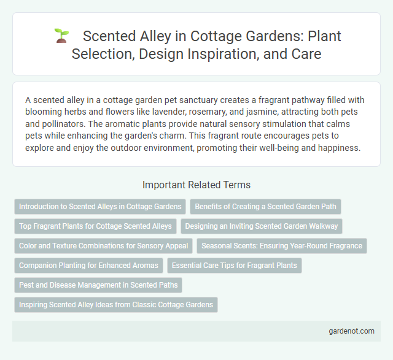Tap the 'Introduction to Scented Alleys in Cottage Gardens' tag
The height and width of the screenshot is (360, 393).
coord(100,207)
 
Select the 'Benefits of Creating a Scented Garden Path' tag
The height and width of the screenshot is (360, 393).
coord(265,207)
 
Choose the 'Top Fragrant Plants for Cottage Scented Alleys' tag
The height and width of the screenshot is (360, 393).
coord(95,226)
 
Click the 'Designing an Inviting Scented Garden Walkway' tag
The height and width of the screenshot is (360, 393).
coord(261,226)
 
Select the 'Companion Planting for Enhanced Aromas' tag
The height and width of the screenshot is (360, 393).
coord(88,266)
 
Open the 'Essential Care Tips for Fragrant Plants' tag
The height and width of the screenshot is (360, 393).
coord(235,266)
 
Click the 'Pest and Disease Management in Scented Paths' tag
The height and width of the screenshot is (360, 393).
coord(98,285)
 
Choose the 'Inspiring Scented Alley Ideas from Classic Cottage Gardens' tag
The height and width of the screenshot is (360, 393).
coord(116,305)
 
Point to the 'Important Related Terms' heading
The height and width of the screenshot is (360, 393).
coord(196,185)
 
